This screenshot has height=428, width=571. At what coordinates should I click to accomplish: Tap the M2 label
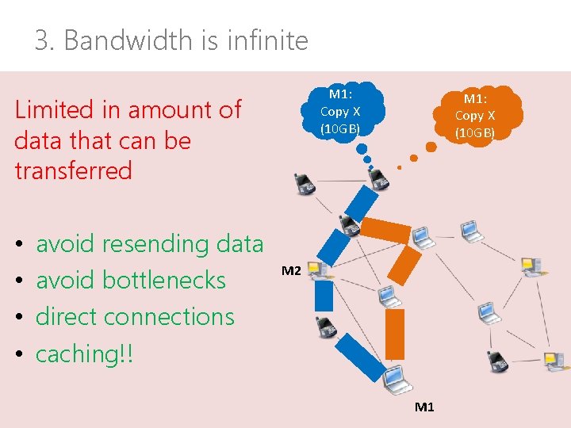coord(291,271)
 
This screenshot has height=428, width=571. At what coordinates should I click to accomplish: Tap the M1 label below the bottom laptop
coord(424,407)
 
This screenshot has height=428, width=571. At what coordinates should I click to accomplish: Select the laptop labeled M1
coord(394,378)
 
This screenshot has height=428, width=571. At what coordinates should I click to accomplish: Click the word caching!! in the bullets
coord(85,353)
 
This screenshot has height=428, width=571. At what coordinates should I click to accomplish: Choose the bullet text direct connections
coord(135,316)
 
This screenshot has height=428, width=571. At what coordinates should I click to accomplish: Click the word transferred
coord(73,170)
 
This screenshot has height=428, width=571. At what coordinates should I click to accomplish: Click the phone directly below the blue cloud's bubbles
coord(379,179)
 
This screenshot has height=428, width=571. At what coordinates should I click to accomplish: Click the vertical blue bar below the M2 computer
coord(324,296)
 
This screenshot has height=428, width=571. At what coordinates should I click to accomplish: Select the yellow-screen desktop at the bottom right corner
coord(553,362)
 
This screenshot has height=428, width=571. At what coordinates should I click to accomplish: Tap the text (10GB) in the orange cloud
coord(475,132)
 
